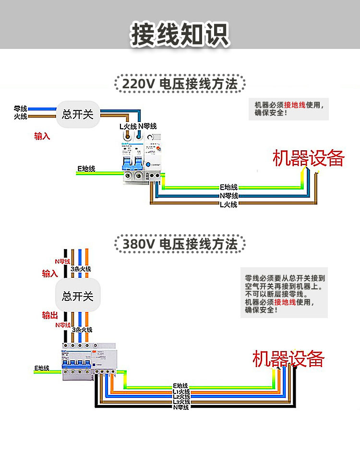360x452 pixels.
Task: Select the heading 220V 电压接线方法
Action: (180, 84)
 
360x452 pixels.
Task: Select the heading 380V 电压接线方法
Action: (180, 244)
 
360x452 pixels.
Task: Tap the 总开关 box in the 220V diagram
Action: (78, 114)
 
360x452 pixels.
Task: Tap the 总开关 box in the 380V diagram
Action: (78, 296)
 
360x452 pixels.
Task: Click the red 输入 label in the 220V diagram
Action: (42, 136)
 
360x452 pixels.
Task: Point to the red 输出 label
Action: (50, 315)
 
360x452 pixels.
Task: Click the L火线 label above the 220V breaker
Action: (128, 127)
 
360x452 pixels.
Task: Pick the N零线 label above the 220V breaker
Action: (148, 127)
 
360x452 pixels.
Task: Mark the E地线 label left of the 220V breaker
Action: (86, 169)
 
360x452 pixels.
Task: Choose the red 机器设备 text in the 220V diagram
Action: (309, 158)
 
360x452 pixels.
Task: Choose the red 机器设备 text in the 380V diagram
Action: (288, 359)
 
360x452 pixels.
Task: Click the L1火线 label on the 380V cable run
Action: (181, 392)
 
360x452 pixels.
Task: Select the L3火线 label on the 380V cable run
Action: (181, 402)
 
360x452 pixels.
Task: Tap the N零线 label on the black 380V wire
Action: (181, 407)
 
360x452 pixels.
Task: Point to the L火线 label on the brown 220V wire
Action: (228, 205)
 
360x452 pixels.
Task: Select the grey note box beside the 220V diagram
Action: (292, 109)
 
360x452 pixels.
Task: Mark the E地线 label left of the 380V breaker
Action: (42, 368)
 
